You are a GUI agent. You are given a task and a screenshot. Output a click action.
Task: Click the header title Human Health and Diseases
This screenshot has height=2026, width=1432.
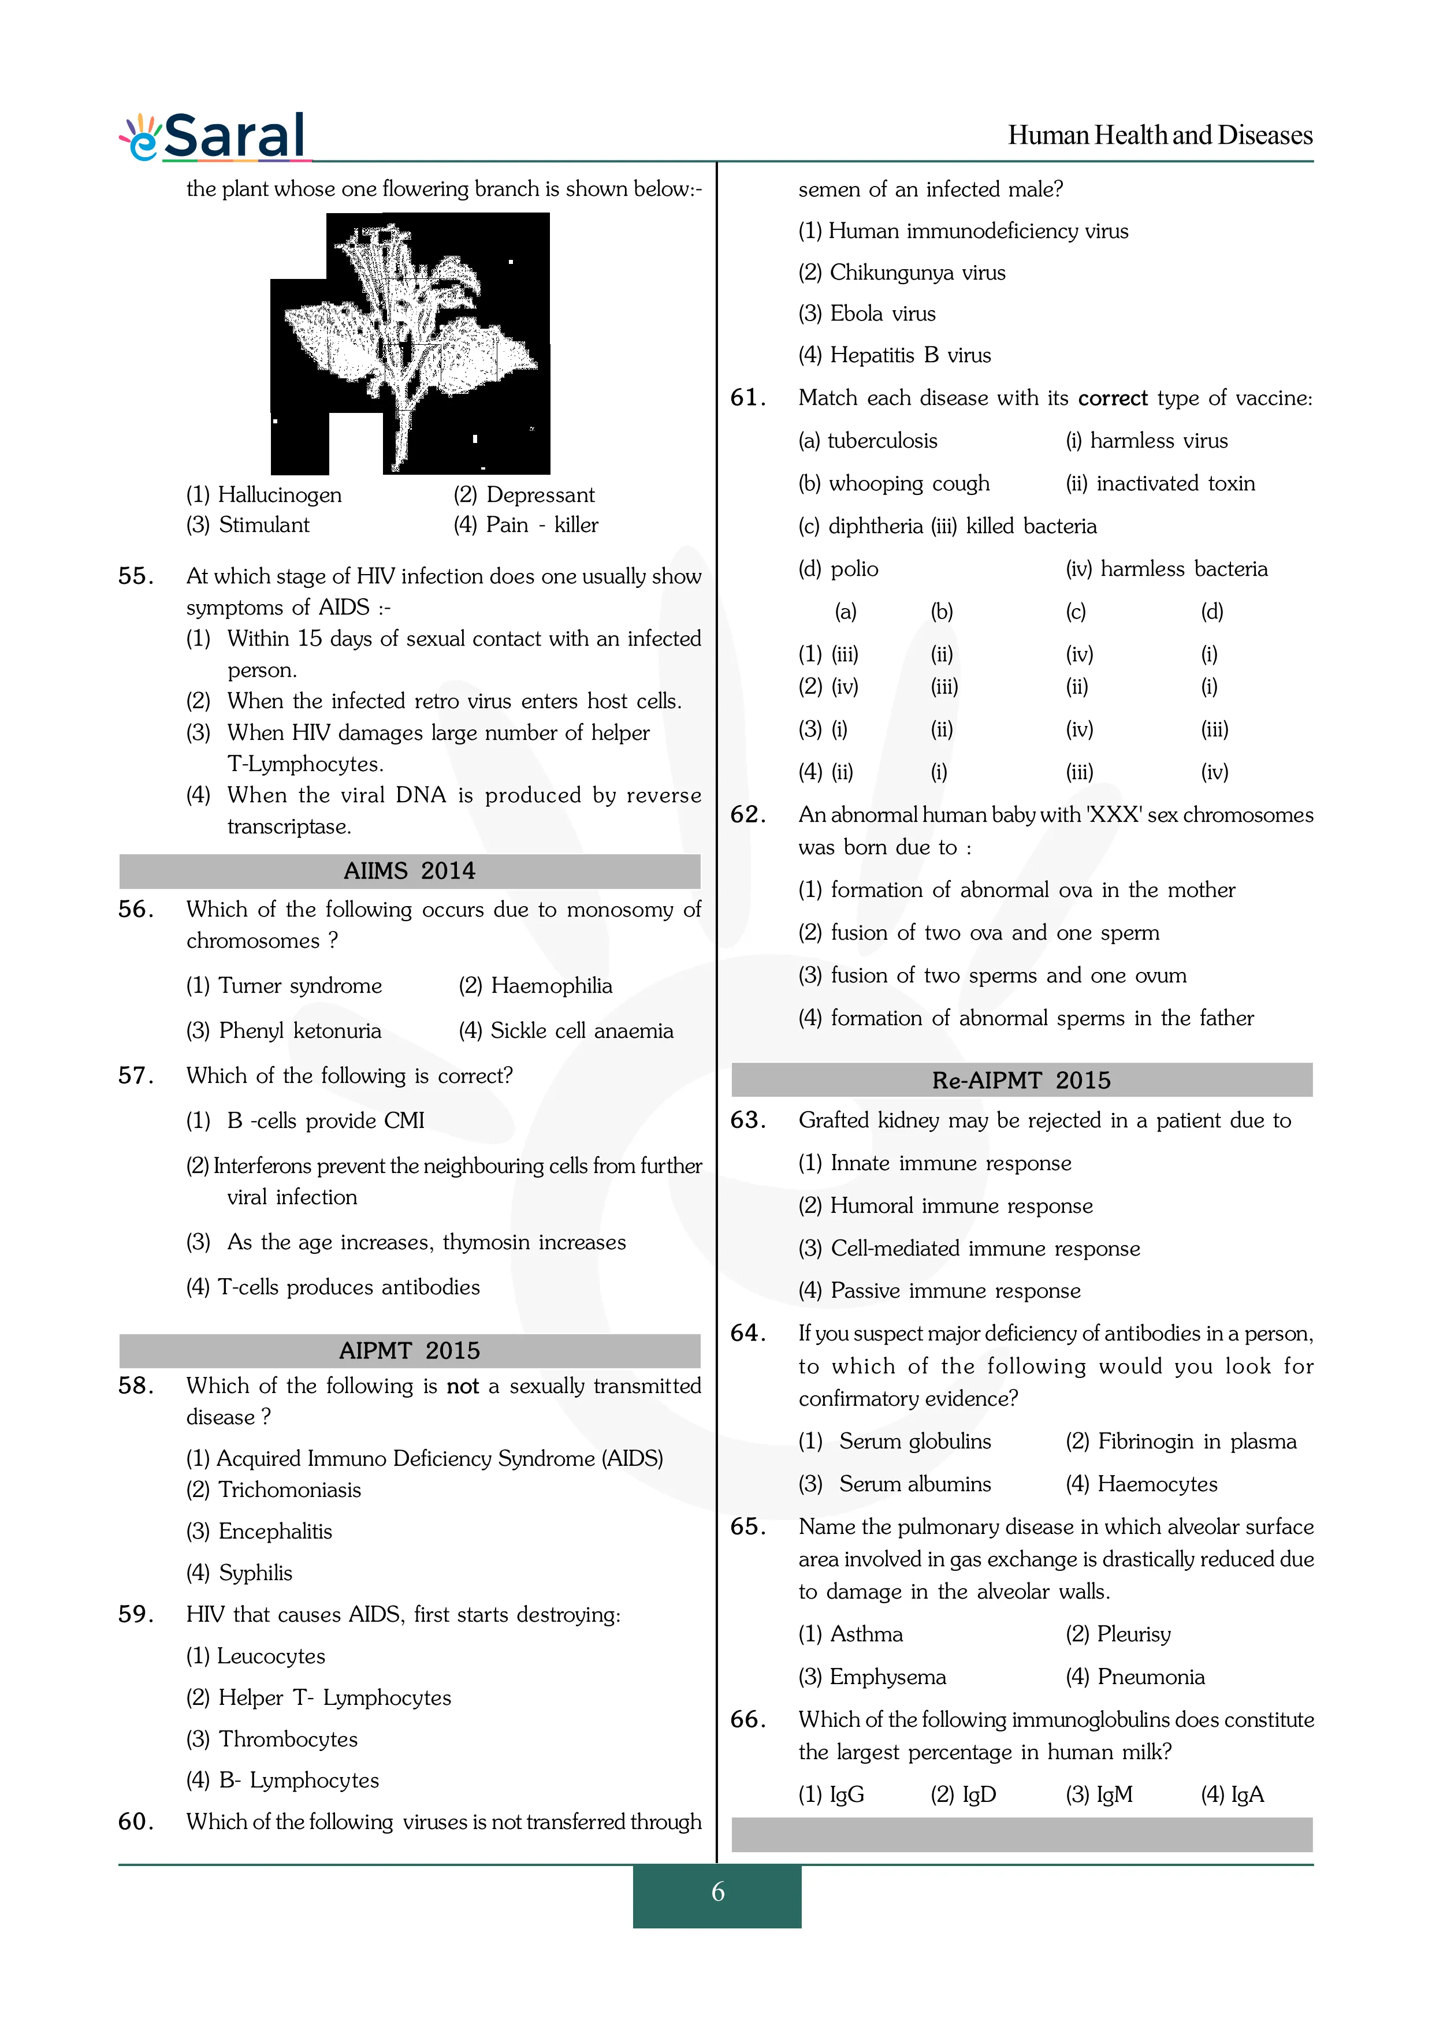tap(1159, 135)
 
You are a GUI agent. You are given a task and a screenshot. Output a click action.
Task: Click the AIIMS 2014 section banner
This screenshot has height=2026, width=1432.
tap(410, 871)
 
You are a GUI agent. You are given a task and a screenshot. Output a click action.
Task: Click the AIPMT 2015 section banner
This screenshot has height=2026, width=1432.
tap(410, 1350)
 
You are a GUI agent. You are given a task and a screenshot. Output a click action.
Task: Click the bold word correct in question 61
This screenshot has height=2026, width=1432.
tap(1113, 398)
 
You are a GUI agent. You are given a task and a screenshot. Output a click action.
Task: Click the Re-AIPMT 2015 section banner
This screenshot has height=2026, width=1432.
tap(1021, 1080)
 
